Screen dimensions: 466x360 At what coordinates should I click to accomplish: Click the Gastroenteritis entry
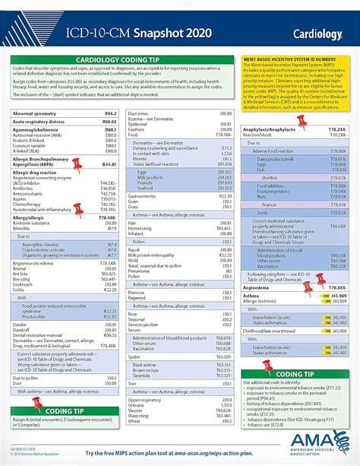(142, 195)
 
